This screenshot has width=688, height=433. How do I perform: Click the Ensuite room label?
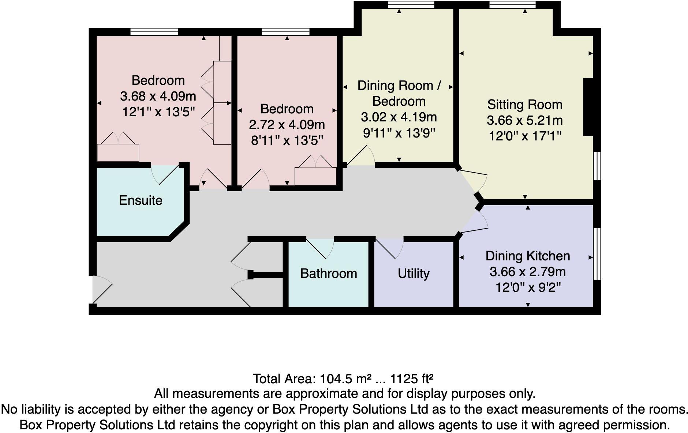click(141, 200)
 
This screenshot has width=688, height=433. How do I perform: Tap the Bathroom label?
click(328, 274)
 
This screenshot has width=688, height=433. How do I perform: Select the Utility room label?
click(414, 274)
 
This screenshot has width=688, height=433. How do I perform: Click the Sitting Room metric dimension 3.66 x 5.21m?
click(524, 120)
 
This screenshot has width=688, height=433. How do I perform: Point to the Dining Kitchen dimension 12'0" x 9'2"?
click(528, 288)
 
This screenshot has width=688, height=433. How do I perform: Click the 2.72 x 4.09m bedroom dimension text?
click(287, 125)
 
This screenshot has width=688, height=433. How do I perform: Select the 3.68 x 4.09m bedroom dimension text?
click(158, 96)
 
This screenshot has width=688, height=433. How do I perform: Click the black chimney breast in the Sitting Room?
click(588, 107)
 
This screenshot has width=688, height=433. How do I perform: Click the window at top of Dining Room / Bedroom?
click(411, 5)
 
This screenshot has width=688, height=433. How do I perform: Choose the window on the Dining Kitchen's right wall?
click(597, 254)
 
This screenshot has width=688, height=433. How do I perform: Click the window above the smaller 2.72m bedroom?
click(285, 32)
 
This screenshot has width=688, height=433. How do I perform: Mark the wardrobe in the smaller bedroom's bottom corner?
click(315, 176)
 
